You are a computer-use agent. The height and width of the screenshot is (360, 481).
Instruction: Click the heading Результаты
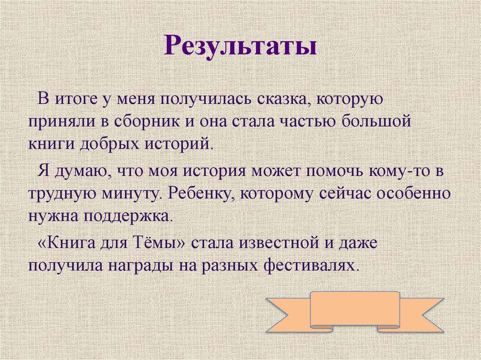(x=240, y=47)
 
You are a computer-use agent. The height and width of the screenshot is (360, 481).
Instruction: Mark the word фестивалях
(x=317, y=265)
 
